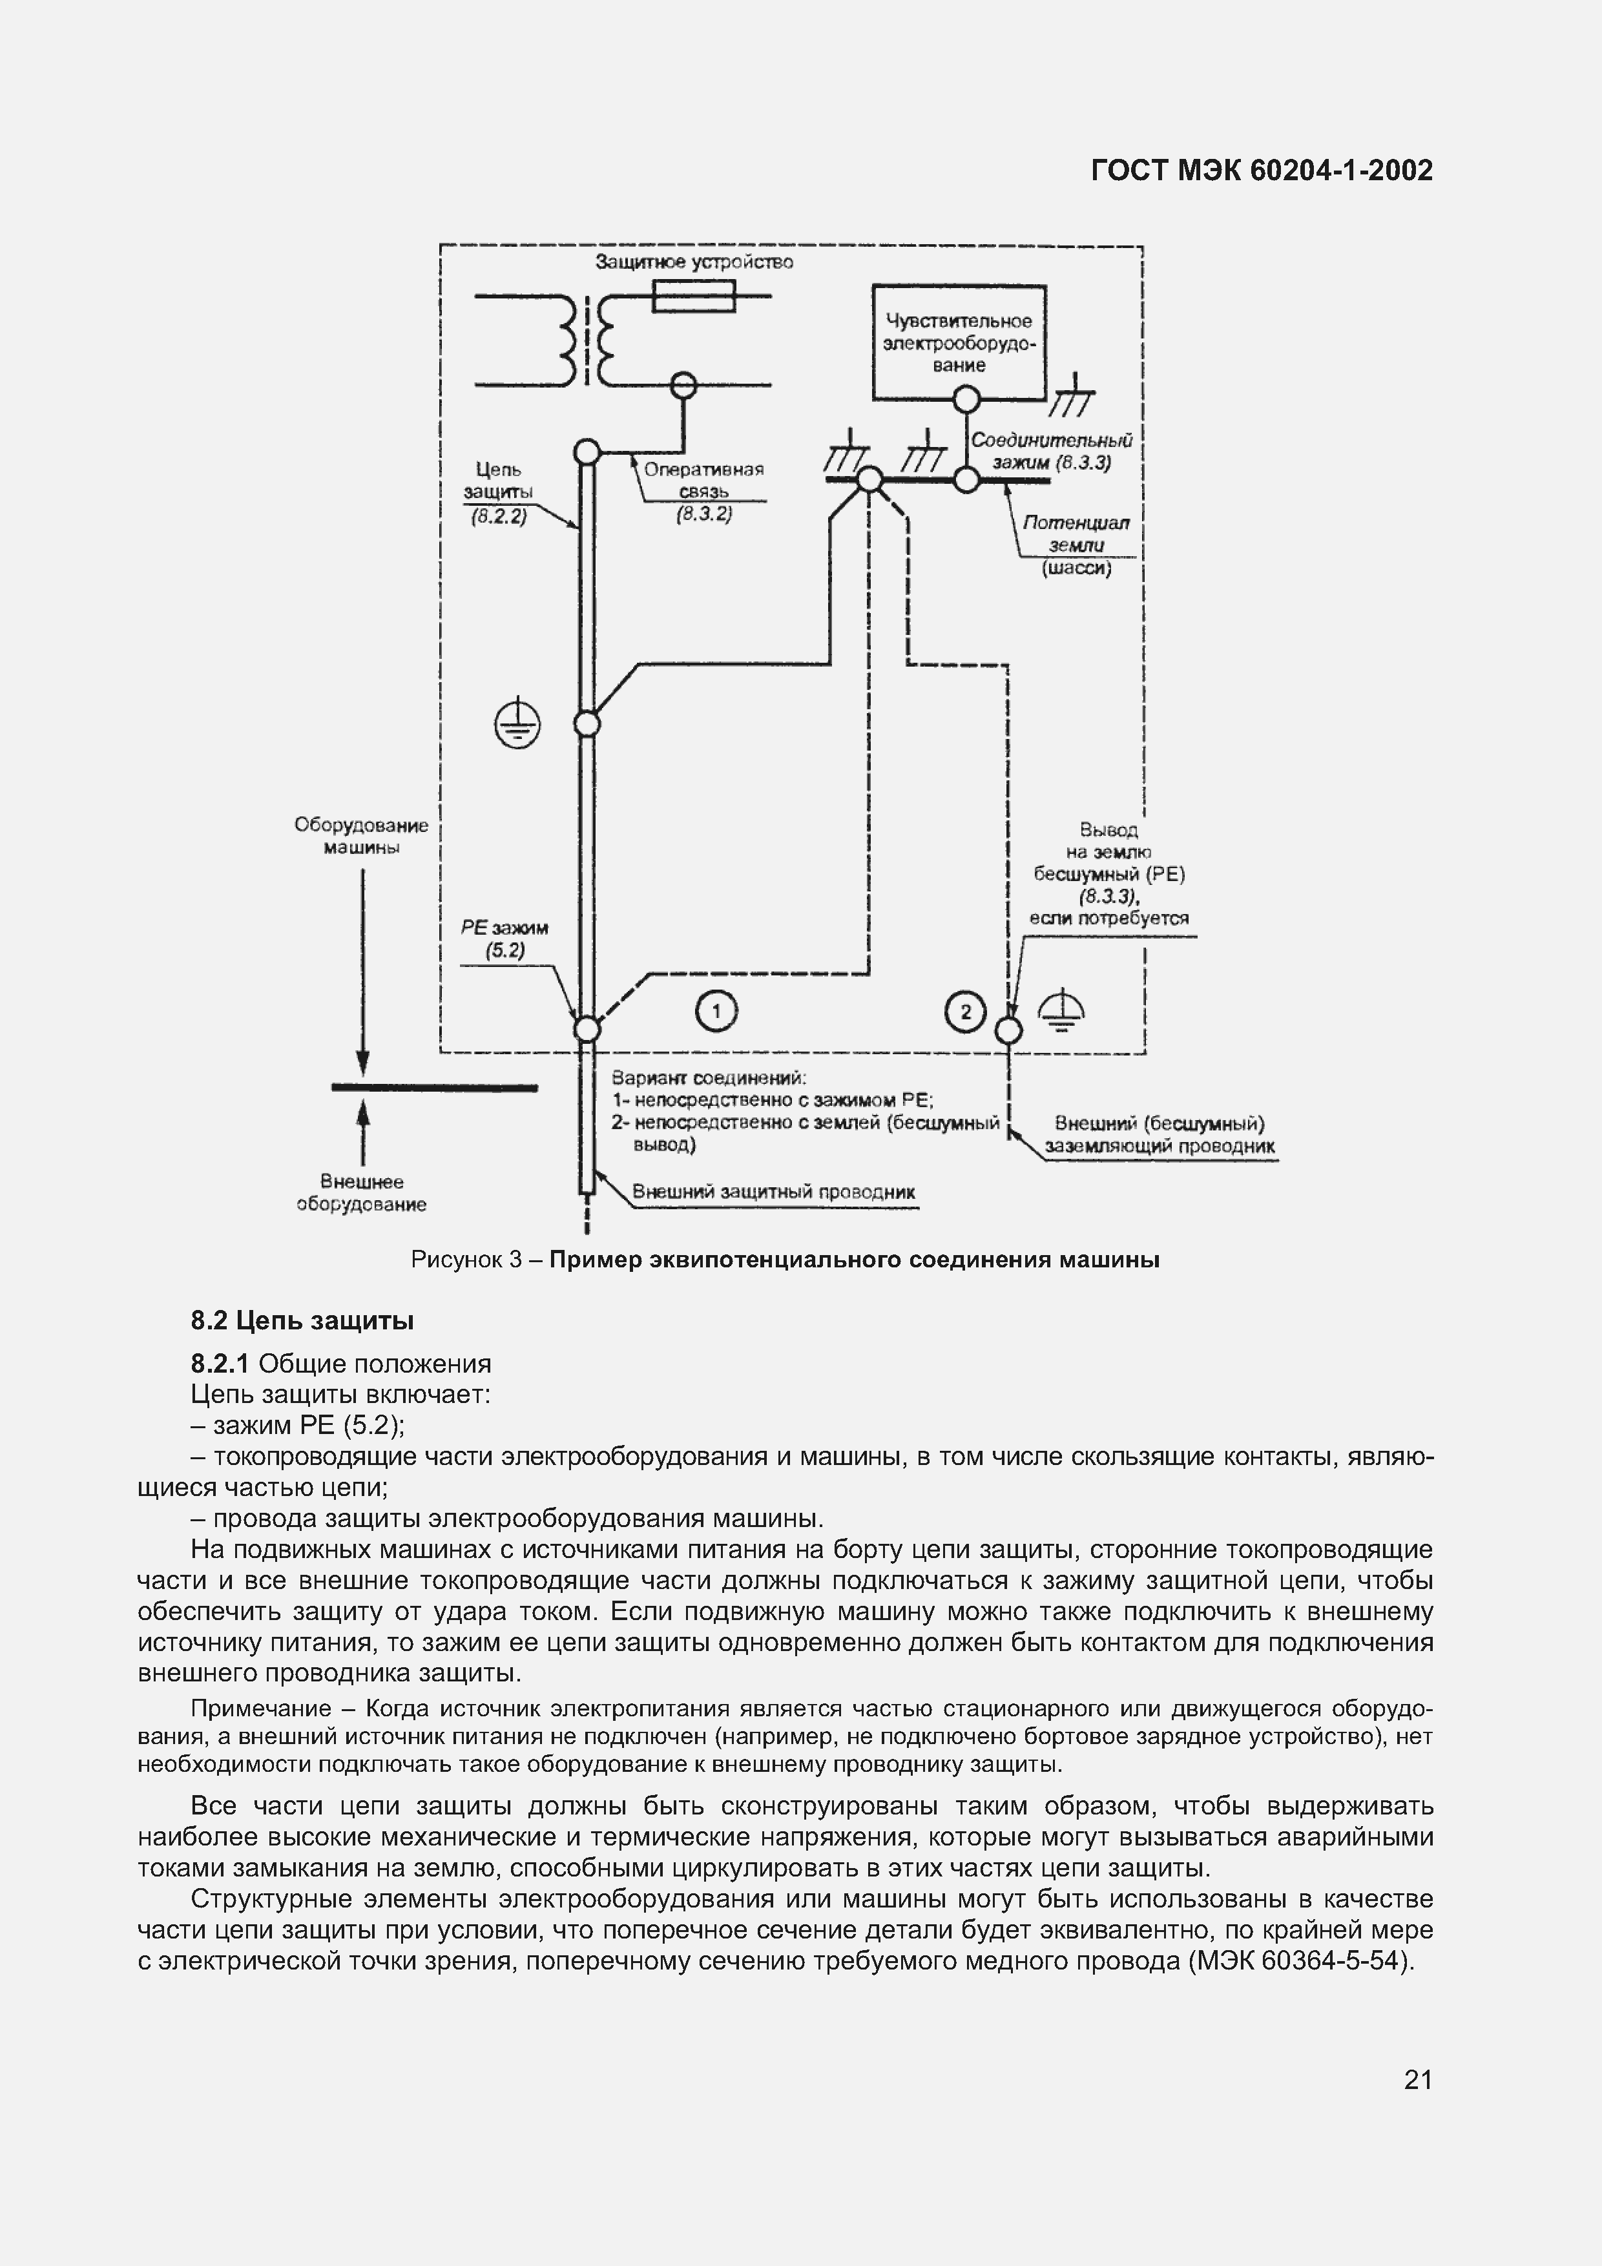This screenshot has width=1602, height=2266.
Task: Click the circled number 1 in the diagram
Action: coord(716,1012)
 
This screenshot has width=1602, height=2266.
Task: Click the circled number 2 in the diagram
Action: coord(964,1012)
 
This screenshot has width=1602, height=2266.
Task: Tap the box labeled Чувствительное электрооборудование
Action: coord(959,342)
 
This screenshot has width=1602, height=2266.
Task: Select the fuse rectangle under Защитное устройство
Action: coord(694,296)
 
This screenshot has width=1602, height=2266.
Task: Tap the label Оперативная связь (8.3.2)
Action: coord(703,490)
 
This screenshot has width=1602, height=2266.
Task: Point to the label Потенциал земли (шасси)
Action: coord(1076,545)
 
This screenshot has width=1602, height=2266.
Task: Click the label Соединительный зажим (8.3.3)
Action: coord(1051,451)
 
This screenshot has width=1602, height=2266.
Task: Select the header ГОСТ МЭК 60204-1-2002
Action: coord(1262,171)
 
